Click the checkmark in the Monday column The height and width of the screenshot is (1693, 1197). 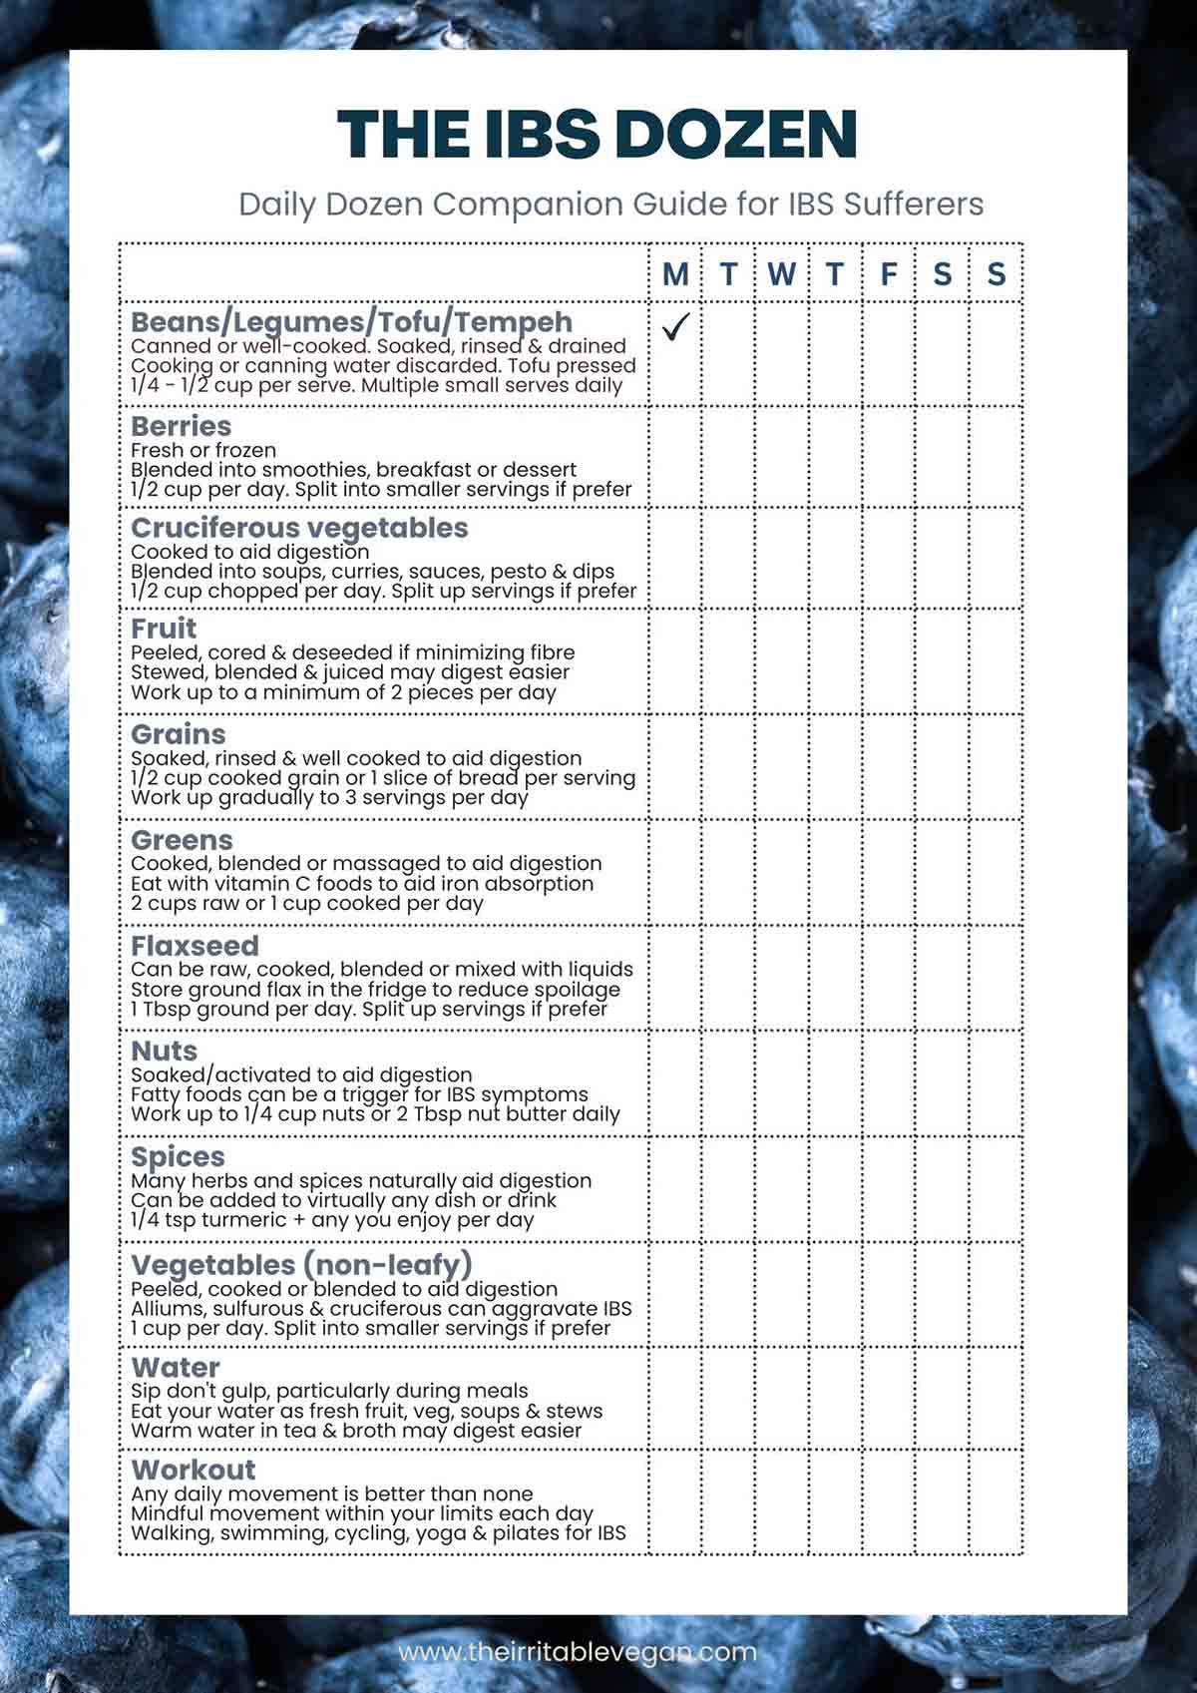(x=676, y=327)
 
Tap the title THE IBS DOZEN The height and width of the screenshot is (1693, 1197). (x=598, y=135)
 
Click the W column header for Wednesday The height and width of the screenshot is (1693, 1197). (x=782, y=273)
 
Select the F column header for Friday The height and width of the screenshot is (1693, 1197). (x=889, y=273)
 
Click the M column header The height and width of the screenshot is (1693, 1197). (x=675, y=273)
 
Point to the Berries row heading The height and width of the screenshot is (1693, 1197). (x=181, y=426)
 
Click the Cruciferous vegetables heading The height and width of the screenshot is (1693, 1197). (x=299, y=528)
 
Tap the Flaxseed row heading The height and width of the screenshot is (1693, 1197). (x=195, y=946)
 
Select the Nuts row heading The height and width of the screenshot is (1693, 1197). (x=164, y=1051)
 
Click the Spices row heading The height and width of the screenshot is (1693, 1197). (x=178, y=1157)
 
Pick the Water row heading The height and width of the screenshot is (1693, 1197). (x=176, y=1367)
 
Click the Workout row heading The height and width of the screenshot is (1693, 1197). (x=194, y=1470)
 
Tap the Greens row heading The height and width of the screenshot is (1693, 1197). (x=182, y=840)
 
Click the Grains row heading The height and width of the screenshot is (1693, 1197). (x=179, y=734)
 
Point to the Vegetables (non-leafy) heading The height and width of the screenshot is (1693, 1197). (x=301, y=1265)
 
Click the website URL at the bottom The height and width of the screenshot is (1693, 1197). (x=578, y=1651)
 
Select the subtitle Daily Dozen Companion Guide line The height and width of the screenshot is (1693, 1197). (x=610, y=205)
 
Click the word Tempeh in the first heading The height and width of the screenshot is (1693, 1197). (x=516, y=322)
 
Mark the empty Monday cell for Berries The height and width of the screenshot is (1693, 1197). (x=675, y=457)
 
